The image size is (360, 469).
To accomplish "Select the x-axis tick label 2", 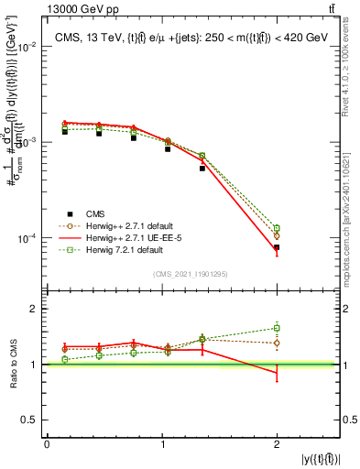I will point(277,443).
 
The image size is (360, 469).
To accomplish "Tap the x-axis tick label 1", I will point(161,443).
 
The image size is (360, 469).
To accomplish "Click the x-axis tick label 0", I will point(47,443).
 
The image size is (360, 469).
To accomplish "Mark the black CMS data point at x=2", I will point(277,247).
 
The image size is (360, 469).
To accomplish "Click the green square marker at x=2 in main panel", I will point(277,228).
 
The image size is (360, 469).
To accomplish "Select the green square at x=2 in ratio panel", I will point(277,328).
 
